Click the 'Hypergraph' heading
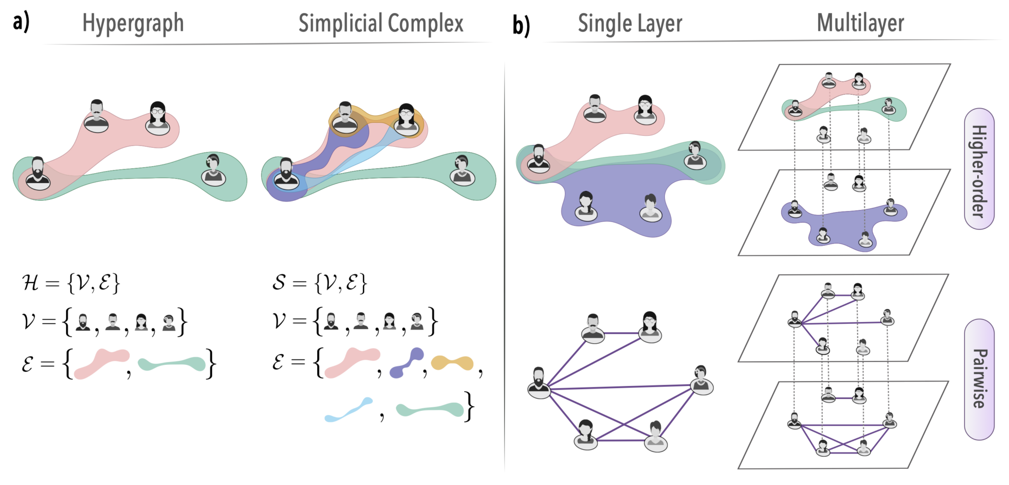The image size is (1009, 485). pyautogui.click(x=133, y=23)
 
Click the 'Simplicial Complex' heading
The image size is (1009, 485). pyautogui.click(x=380, y=23)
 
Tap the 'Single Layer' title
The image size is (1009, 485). pyautogui.click(x=630, y=23)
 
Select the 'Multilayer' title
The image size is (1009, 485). pyautogui.click(x=860, y=23)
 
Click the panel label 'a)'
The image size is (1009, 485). pyautogui.click(x=21, y=22)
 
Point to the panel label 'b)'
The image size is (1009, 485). pyautogui.click(x=521, y=25)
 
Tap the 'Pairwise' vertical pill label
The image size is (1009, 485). pyautogui.click(x=979, y=379)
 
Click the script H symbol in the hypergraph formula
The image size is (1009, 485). pyautogui.click(x=30, y=283)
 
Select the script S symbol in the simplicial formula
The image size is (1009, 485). pyautogui.click(x=279, y=282)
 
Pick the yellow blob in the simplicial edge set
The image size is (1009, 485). pyautogui.click(x=453, y=362)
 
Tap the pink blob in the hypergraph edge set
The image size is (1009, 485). pyautogui.click(x=101, y=363)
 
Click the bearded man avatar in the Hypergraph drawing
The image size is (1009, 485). pyautogui.click(x=38, y=174)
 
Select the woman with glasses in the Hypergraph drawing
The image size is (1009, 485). pyautogui.click(x=157, y=118)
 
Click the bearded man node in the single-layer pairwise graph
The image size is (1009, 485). pyautogui.click(x=539, y=383)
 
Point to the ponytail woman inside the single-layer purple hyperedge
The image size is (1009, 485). pyautogui.click(x=586, y=205)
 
